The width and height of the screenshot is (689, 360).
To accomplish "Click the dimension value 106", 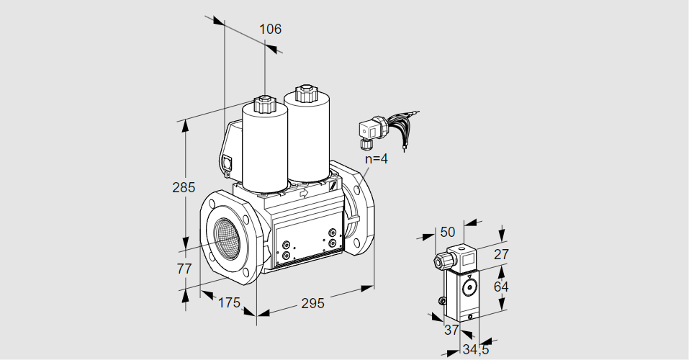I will [270, 30].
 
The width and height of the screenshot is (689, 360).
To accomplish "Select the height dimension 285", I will [184, 188].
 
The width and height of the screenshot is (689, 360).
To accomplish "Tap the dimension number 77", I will [184, 269].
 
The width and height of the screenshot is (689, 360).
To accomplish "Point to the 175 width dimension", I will [228, 303].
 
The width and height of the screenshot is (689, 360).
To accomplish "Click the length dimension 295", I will [312, 303].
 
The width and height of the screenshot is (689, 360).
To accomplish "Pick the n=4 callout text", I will [376, 159].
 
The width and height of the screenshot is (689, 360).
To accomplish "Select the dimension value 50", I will [448, 232].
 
